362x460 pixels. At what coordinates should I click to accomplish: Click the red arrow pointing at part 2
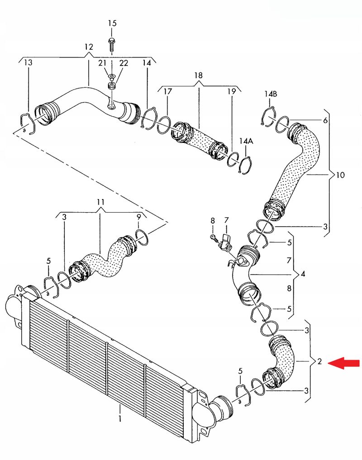click(x=343, y=363)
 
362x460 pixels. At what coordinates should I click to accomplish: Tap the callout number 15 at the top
click(x=112, y=23)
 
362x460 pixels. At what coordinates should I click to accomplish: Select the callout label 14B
click(x=271, y=94)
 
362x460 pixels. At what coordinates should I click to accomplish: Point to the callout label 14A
click(x=246, y=141)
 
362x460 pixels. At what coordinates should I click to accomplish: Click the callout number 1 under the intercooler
click(x=120, y=418)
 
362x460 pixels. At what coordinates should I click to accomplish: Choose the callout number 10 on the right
click(x=340, y=175)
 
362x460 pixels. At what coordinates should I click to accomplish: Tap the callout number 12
click(x=89, y=47)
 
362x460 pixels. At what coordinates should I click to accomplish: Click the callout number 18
click(x=199, y=76)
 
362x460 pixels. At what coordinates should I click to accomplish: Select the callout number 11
click(x=100, y=202)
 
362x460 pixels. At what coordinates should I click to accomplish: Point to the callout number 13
click(x=28, y=62)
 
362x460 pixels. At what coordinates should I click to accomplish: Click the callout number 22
click(x=124, y=63)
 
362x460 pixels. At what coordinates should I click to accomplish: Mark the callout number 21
click(x=102, y=63)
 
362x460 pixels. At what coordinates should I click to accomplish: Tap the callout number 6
click(x=325, y=120)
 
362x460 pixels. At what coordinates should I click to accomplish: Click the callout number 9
click(x=139, y=217)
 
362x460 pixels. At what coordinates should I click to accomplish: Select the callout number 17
click(x=167, y=91)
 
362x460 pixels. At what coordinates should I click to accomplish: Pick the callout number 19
click(x=232, y=91)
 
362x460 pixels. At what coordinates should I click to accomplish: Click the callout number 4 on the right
click(x=303, y=274)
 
